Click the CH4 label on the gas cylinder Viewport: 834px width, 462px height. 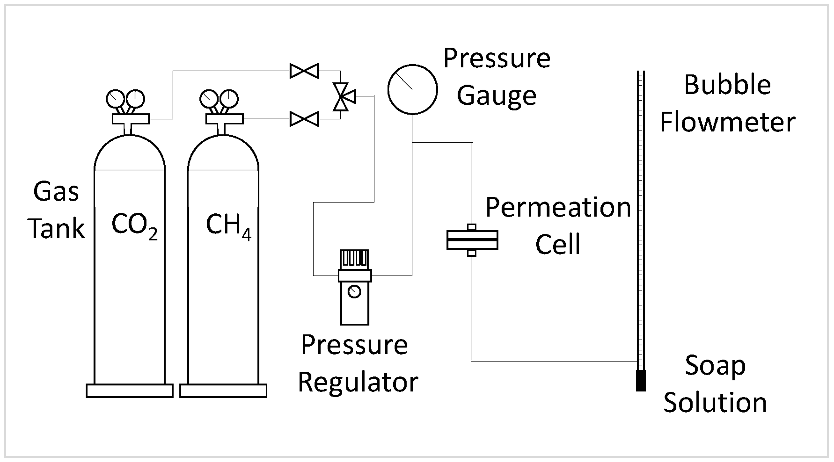coord(228,225)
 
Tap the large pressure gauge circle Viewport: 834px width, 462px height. coord(412,89)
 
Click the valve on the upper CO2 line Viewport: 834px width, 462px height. coord(304,71)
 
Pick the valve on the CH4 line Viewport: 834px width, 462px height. coord(304,119)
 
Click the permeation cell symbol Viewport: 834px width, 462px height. coord(472,240)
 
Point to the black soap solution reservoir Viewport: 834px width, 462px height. coord(641,381)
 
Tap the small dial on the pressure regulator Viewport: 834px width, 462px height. coord(354,291)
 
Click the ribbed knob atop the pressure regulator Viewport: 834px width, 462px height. coord(354,259)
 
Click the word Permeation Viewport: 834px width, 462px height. coord(558,207)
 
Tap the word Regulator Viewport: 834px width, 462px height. coord(358,382)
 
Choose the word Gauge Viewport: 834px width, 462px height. coord(496,96)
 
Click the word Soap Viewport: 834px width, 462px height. coord(715,365)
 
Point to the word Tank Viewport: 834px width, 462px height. coord(57,229)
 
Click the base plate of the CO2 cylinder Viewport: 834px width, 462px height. coord(130,391)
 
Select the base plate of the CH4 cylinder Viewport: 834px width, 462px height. coord(223,391)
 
